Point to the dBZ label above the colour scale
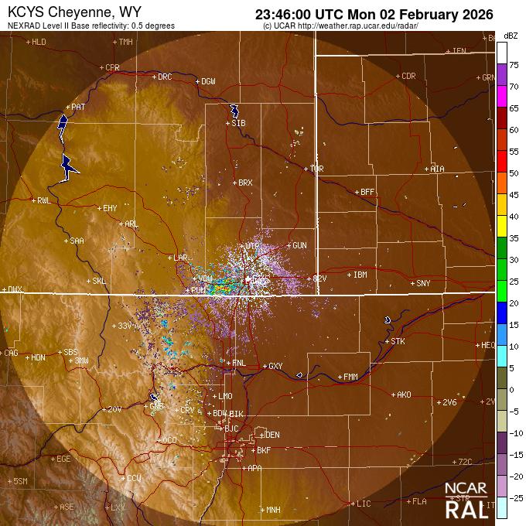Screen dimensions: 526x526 point(511,36)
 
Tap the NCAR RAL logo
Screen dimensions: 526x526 point(466,500)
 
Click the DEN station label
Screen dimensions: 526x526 point(272,435)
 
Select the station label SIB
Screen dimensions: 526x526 point(239,123)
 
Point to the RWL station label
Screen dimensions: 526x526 point(43,200)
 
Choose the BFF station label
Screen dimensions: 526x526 point(367,192)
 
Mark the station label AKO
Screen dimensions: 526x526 point(403,394)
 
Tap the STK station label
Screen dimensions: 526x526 point(398,341)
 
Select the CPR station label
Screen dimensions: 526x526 point(112,67)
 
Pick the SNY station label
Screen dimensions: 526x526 point(423,284)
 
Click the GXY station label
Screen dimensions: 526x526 point(275,366)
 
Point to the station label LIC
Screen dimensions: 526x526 point(364,504)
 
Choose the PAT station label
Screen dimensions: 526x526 point(78,107)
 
